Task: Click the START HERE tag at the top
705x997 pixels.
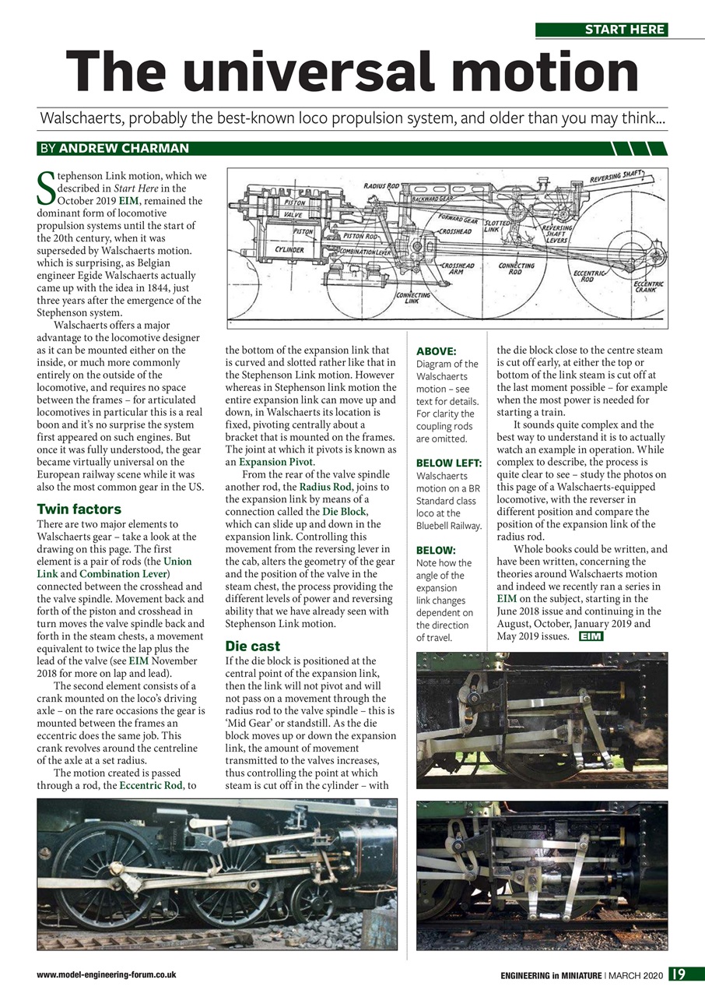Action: pos(602,30)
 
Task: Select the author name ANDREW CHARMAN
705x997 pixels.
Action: pos(124,148)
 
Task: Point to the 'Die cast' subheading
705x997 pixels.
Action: pos(252,646)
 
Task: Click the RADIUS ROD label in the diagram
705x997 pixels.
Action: pos(381,186)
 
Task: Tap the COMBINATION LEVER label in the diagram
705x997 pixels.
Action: pos(366,253)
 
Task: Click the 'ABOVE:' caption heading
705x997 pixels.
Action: pos(436,351)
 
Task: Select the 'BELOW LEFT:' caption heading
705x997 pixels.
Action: pos(449,463)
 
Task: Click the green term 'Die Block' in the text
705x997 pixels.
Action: pos(343,512)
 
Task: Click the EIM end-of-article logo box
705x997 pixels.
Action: pos(591,636)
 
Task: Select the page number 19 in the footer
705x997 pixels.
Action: pos(687,974)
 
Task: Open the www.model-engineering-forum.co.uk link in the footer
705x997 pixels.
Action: pos(107,974)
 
